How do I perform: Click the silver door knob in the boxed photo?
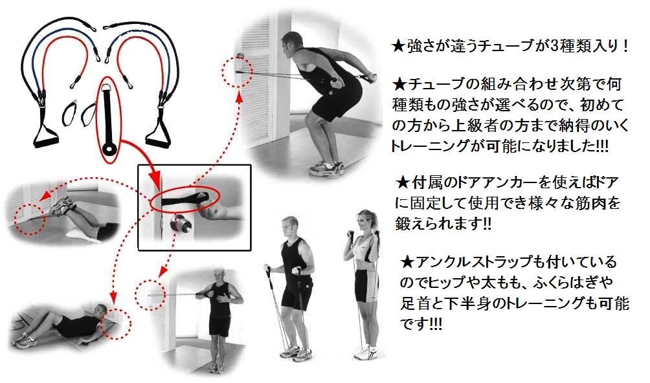(181, 226)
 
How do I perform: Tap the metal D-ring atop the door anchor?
(109, 88)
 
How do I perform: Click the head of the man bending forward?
(291, 43)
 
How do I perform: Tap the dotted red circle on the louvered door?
(237, 71)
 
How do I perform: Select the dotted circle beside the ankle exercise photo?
(28, 219)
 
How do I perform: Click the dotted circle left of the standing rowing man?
(151, 294)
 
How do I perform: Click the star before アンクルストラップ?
(407, 261)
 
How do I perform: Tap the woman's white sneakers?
(366, 353)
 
